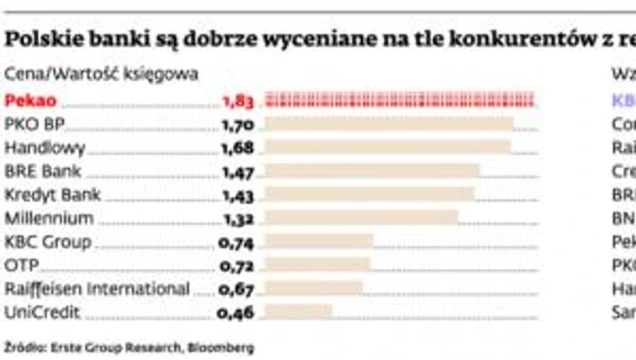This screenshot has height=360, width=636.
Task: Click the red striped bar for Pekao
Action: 400,100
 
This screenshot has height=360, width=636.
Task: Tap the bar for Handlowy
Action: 387,148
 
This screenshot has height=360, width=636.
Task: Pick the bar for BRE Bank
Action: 371,171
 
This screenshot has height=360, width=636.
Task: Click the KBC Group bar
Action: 318,241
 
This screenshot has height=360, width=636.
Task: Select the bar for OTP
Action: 317,264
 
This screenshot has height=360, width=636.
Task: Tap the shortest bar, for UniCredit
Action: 298,312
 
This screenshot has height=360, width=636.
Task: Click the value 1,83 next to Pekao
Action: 237,100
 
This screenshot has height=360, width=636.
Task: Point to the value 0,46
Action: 235,312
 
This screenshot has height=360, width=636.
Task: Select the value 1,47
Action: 237,171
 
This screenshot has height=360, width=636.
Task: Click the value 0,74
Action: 235,241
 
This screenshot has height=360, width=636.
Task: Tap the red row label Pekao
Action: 30,100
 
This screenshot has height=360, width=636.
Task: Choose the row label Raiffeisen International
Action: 97,288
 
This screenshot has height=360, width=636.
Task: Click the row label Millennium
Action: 49,218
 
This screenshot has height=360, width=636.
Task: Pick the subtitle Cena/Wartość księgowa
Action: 101,74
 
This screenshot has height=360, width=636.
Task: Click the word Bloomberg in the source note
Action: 225,346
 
